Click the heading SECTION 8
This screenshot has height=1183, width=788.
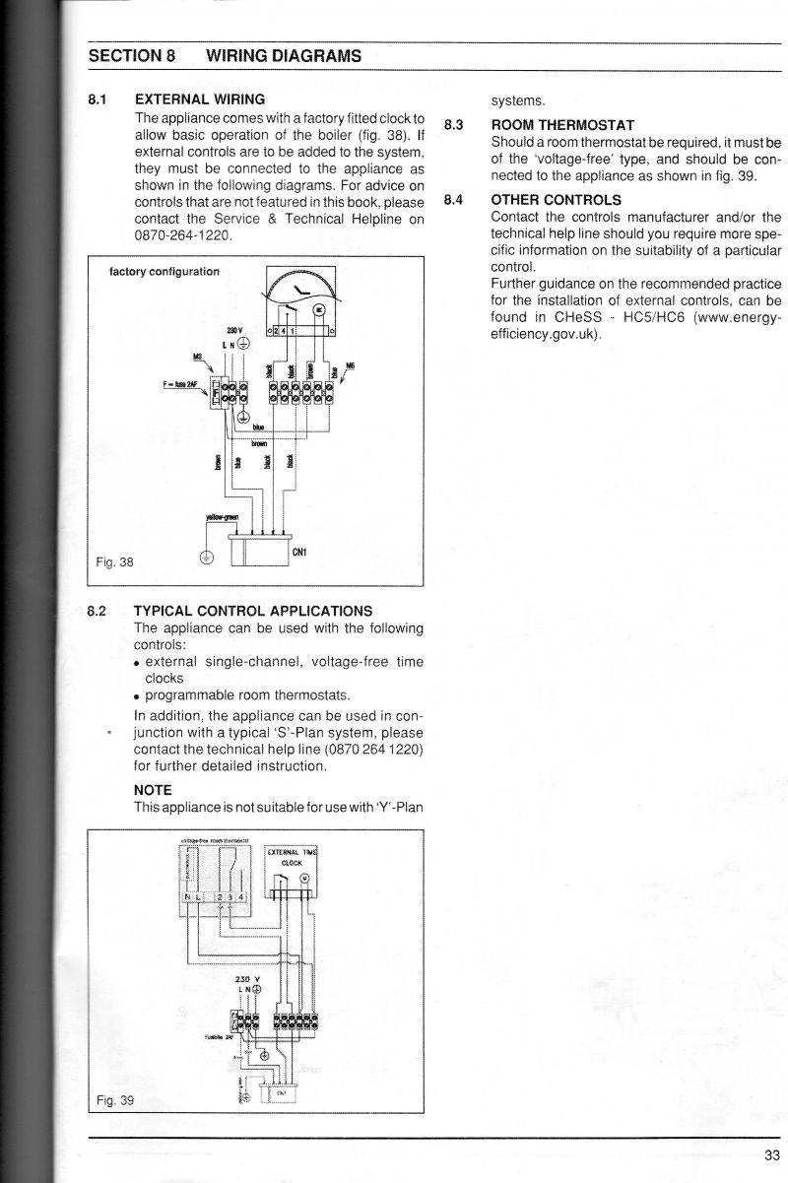point(132,56)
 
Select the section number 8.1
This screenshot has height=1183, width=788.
point(97,99)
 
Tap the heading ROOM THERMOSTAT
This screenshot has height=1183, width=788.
point(562,125)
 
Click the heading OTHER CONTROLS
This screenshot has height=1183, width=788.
point(556,200)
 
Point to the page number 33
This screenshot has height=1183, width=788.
point(771,1155)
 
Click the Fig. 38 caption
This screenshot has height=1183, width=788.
point(114,562)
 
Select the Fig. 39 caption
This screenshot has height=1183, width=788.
point(114,1100)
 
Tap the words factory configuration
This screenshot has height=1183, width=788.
point(164,272)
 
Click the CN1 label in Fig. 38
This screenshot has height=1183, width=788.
point(299,553)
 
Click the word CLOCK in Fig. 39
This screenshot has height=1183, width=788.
point(293,863)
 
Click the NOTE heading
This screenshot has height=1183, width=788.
point(153,790)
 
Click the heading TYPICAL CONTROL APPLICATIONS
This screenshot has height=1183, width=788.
point(253,611)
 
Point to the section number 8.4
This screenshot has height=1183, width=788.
point(453,200)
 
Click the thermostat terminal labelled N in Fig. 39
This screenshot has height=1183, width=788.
point(186,897)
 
